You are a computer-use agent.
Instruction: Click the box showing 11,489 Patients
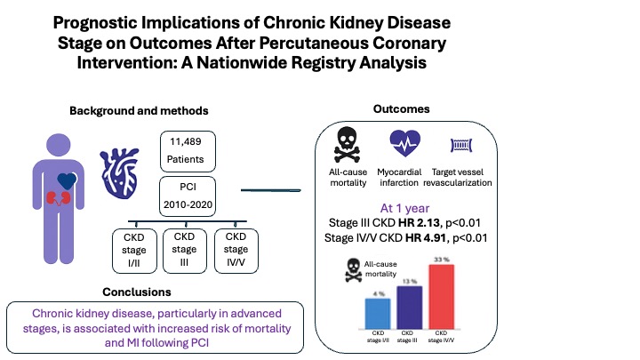pos(185,150)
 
